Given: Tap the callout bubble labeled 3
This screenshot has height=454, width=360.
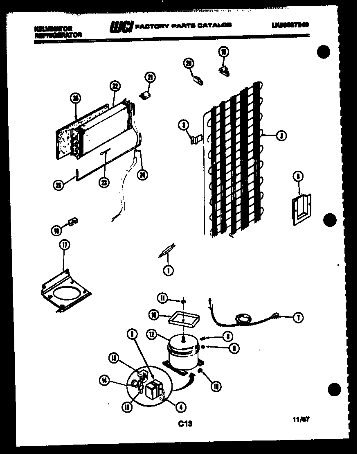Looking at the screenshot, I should (184, 126).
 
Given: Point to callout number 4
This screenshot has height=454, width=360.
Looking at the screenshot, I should (180, 407).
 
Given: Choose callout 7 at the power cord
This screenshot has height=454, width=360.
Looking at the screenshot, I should (298, 317).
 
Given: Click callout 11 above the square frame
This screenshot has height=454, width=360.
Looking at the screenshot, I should (164, 298).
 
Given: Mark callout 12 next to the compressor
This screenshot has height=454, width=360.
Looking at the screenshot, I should (153, 335).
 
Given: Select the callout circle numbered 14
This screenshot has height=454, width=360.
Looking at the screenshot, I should (104, 380).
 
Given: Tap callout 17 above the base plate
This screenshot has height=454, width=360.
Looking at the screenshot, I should (65, 245).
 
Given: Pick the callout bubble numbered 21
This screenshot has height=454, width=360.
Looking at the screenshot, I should (150, 78).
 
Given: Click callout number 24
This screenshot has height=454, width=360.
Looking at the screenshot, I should (142, 175).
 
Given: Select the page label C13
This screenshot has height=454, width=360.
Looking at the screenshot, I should (184, 424).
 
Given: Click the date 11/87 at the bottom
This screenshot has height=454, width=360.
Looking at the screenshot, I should (301, 419).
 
